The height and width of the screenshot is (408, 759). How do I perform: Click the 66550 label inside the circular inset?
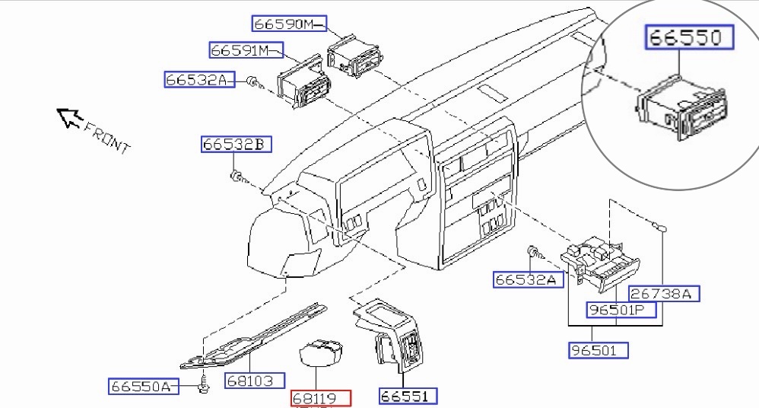[x=690, y=37]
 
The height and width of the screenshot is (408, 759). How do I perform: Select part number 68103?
[x=254, y=380]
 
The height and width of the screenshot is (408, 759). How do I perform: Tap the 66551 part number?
[x=408, y=396]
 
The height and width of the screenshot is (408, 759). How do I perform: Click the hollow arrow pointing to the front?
[x=70, y=118]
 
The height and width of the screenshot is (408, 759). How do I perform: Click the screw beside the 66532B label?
[x=237, y=177]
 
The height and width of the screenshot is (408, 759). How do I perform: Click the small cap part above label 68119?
[x=321, y=353]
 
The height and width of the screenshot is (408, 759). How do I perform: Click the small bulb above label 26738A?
[x=660, y=226]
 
